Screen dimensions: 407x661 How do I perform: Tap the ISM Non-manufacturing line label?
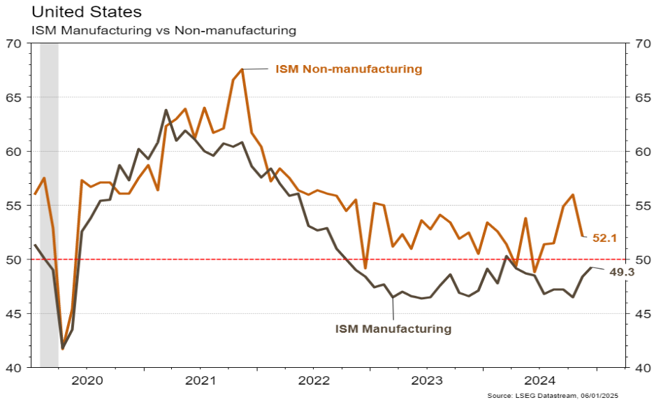pos(349,69)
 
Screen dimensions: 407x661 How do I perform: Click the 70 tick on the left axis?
pos(13,43)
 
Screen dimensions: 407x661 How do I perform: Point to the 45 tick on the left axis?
pos(13,313)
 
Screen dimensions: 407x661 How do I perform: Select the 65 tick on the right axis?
pos(643,97)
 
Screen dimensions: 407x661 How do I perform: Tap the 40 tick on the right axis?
pos(643,367)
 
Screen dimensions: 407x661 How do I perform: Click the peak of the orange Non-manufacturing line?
pos(242,69)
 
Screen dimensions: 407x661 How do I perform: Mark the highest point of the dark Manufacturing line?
pos(166,110)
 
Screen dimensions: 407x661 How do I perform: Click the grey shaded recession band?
pos(49,203)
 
